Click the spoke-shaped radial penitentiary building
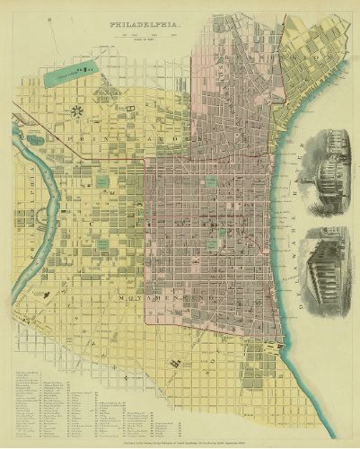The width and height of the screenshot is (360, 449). (x=75, y=111)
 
